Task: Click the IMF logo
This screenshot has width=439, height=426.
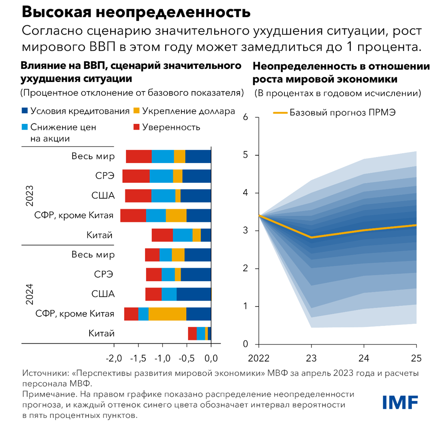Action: pos(400,402)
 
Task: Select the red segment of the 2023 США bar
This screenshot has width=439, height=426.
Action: pos(138,195)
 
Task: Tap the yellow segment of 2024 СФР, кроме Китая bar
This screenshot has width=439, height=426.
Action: pos(167,314)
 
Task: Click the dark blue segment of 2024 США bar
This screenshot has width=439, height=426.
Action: pos(193,294)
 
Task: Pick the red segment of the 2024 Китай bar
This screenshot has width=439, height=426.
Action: pos(192,333)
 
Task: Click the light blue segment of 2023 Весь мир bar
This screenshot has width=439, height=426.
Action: pos(163,156)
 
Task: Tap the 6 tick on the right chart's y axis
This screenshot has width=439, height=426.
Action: pos(245,117)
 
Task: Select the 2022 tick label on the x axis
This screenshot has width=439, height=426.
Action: pos(258,357)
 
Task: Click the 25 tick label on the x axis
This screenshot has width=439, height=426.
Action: pos(416,357)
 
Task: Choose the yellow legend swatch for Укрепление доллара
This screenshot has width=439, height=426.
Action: pos(137,111)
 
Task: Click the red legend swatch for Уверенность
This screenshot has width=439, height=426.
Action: pos(137,127)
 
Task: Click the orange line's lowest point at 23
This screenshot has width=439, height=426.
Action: pos(311,238)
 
